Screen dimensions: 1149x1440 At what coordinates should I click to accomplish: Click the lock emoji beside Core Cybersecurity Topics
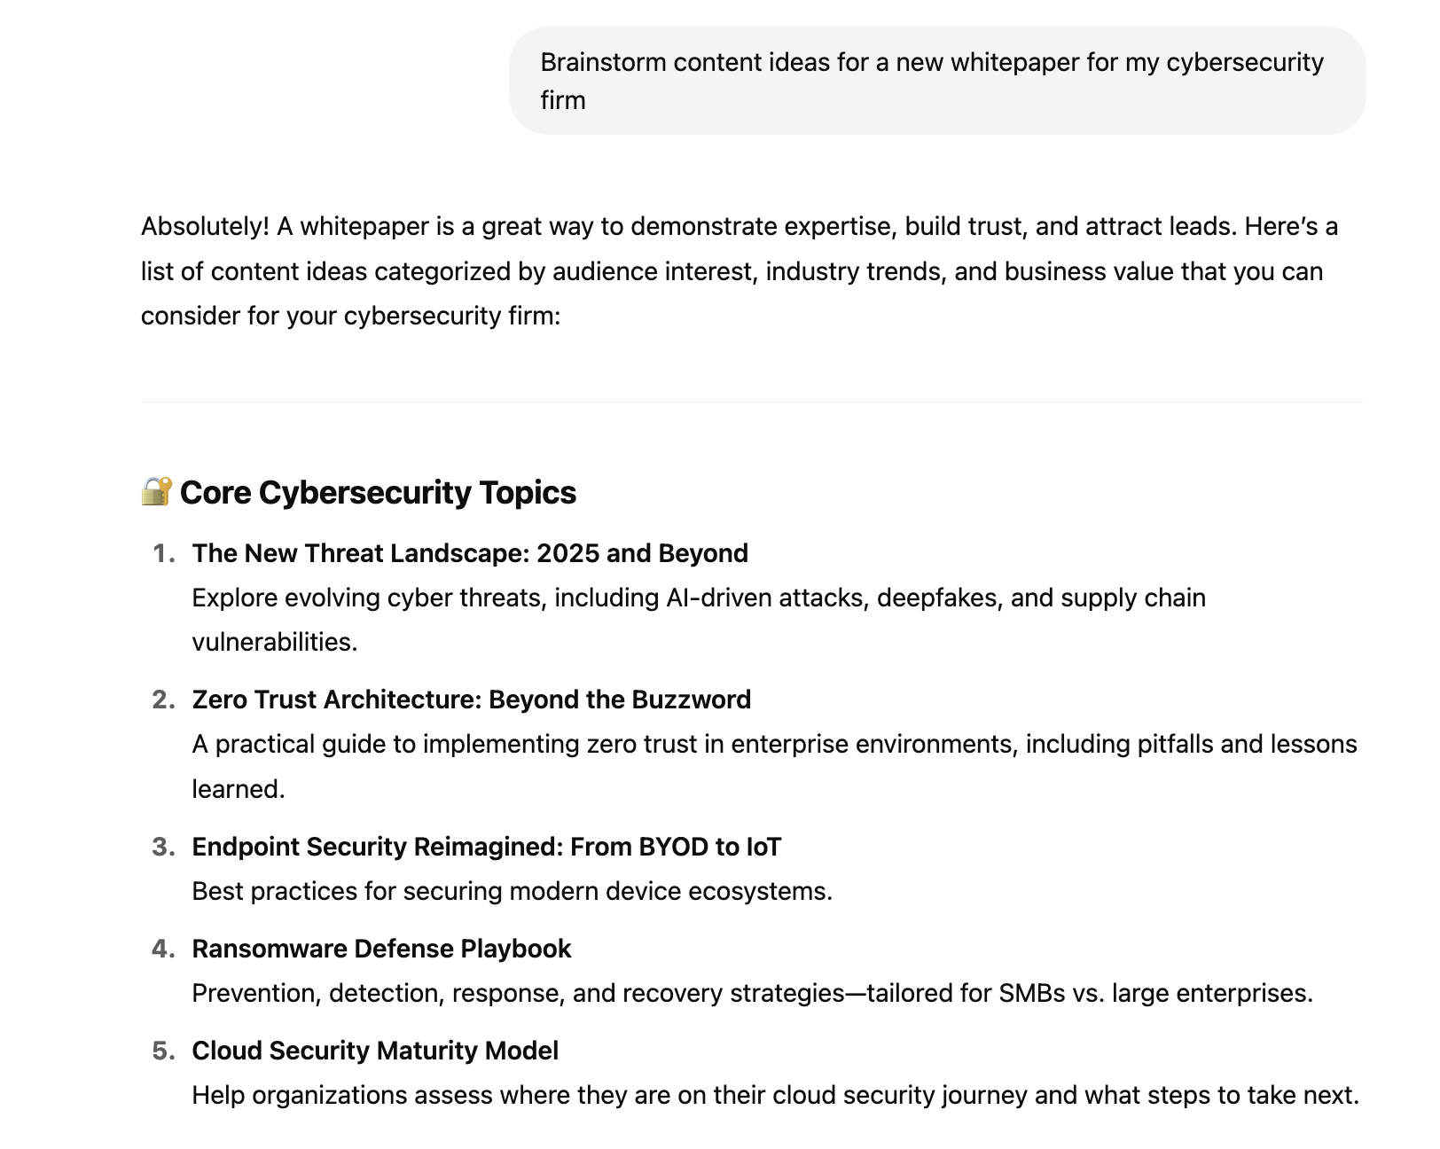157,491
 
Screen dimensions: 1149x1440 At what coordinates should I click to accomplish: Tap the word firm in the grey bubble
563,100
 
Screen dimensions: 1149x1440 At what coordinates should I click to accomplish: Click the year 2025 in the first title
567,553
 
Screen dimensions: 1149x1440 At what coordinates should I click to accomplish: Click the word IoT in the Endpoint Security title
763,847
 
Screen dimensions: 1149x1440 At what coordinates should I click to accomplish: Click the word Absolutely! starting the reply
205,227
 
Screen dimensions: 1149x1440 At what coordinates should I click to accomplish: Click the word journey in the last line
983,1095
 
